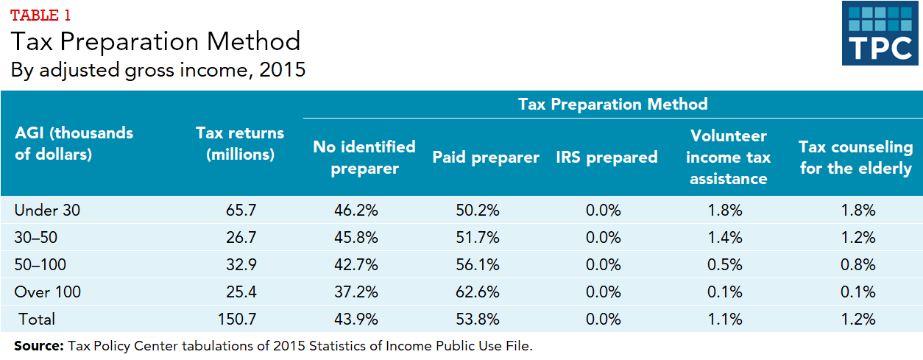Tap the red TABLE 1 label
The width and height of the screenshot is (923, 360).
(41, 15)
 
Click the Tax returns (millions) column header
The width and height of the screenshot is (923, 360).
(240, 144)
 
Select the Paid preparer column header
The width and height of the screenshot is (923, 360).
(486, 157)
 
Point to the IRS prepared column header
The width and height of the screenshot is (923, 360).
(607, 157)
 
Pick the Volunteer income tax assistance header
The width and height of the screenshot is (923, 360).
(729, 157)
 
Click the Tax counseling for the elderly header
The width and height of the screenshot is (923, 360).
(855, 157)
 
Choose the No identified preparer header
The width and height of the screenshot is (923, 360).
(364, 157)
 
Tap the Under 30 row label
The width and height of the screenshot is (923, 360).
(47, 210)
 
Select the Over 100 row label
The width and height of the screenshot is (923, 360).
(48, 292)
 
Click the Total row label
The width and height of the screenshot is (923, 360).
(35, 319)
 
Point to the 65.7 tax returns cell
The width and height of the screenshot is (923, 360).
(241, 210)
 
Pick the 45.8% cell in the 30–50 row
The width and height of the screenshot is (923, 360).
(356, 237)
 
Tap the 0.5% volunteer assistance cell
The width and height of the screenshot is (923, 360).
(725, 264)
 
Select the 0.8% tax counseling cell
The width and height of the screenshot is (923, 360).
(857, 264)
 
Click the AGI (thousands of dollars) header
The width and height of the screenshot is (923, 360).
(74, 144)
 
